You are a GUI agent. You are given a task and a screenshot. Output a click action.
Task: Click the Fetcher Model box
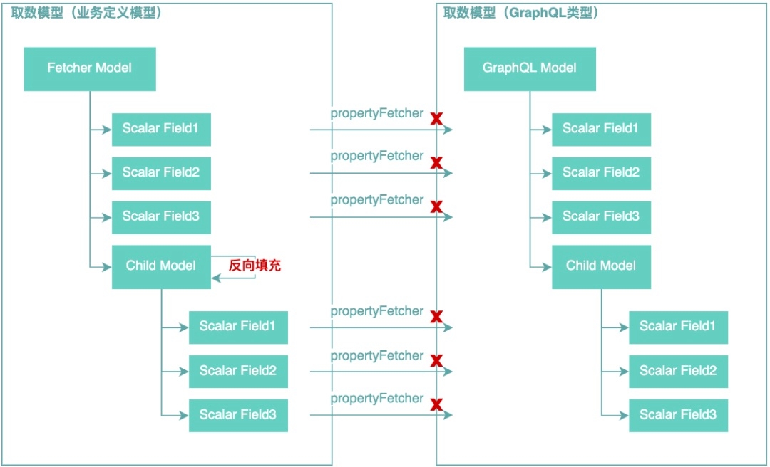click(x=90, y=68)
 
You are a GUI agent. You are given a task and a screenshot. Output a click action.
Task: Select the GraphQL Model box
click(x=530, y=68)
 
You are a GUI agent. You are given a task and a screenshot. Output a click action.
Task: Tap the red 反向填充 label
click(x=255, y=266)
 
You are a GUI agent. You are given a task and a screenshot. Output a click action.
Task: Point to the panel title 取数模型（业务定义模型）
click(x=86, y=13)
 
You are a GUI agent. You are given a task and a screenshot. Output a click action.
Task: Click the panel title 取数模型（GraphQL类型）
click(x=520, y=13)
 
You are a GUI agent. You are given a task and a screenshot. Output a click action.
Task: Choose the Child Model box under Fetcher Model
click(x=161, y=266)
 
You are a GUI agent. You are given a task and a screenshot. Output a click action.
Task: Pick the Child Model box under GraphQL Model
click(x=601, y=266)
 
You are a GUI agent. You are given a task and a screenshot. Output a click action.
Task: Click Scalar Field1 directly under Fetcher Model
click(x=161, y=129)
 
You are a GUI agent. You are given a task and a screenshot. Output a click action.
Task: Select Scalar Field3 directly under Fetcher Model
click(x=161, y=216)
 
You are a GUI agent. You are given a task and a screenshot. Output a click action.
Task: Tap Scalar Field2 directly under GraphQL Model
click(x=601, y=172)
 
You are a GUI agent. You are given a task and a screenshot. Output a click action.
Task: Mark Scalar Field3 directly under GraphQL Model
click(x=601, y=216)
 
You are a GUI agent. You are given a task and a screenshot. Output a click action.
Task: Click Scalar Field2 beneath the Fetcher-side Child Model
click(x=238, y=371)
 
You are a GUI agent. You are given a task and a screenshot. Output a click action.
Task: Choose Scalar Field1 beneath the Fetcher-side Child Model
click(x=238, y=327)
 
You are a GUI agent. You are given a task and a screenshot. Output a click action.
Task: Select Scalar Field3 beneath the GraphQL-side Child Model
click(x=678, y=415)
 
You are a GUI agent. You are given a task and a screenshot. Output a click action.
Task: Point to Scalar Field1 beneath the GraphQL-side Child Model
click(x=678, y=327)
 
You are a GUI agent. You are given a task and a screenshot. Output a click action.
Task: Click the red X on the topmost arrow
click(x=436, y=119)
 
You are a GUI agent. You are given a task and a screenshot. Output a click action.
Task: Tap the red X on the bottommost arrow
click(x=436, y=405)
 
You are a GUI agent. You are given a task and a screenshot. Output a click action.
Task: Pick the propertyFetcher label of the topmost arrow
click(x=376, y=114)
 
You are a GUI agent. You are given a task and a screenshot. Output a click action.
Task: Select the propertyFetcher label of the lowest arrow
click(x=376, y=399)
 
